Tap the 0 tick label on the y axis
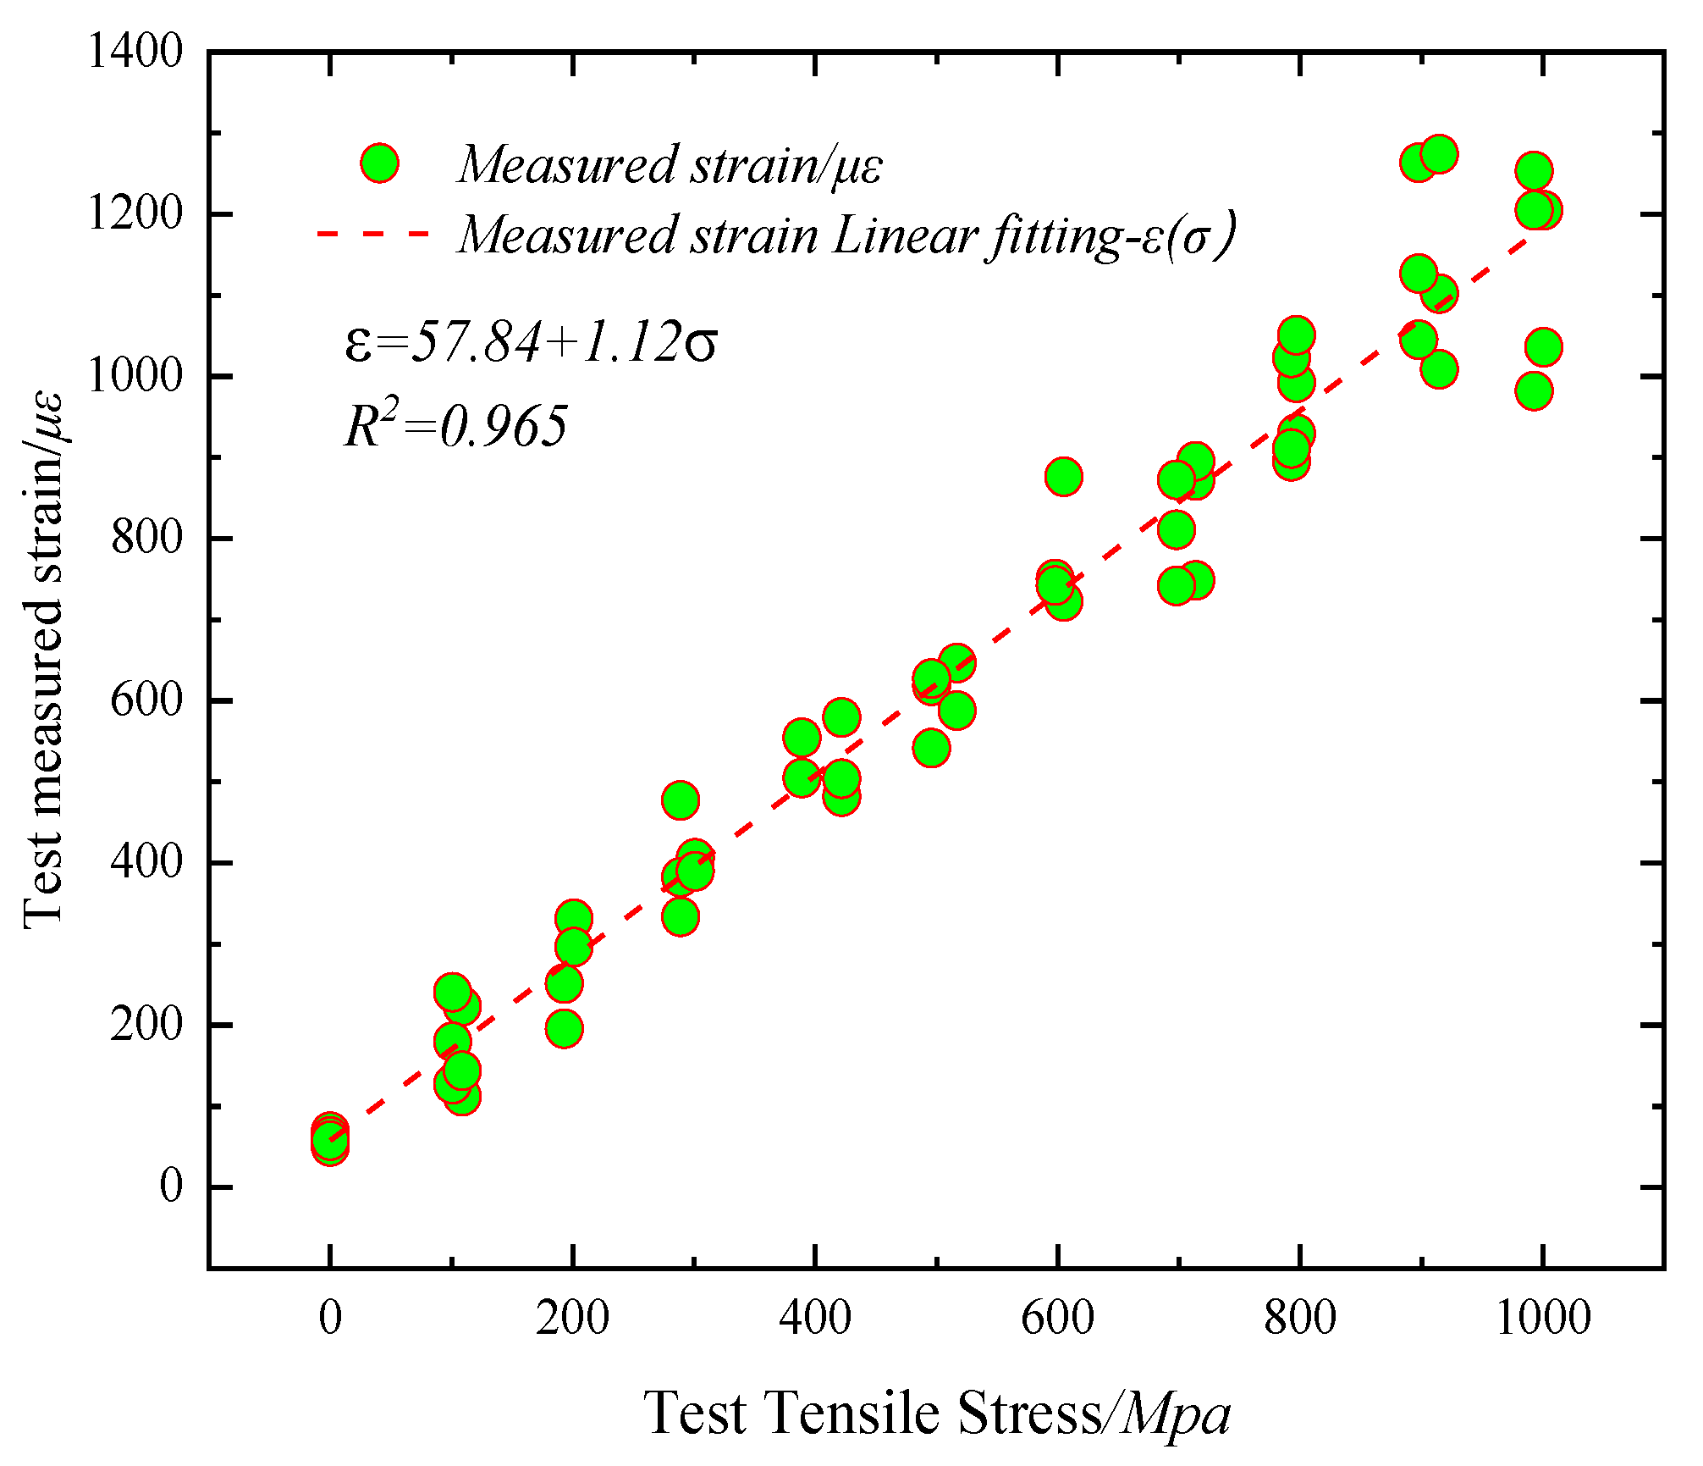click(171, 1187)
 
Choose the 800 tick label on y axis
click(147, 538)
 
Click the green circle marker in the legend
click(379, 163)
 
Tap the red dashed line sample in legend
click(373, 233)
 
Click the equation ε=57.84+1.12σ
click(531, 343)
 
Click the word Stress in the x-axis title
click(1029, 1413)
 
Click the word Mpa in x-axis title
click(1177, 1413)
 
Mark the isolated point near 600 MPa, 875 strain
click(1063, 477)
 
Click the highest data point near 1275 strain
click(1439, 154)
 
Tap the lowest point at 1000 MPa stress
click(1534, 391)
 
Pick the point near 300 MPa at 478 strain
click(680, 799)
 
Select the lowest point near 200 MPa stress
click(564, 1029)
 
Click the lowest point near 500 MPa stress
click(931, 748)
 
